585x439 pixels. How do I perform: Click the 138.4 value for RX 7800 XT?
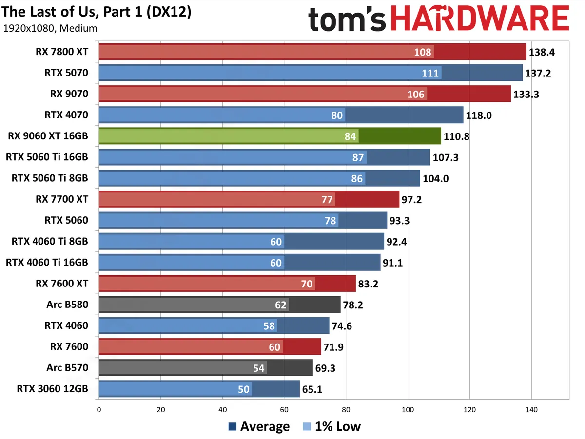point(542,52)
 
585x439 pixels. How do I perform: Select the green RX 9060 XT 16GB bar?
point(270,136)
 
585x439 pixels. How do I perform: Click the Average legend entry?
point(259,426)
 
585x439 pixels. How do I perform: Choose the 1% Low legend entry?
point(332,426)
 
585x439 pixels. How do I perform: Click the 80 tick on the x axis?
point(346,410)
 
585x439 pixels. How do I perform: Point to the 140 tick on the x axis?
point(531,410)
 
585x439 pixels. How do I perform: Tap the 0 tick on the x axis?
point(99,410)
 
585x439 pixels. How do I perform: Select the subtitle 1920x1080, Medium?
point(50,28)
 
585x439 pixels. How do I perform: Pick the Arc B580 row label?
point(68,305)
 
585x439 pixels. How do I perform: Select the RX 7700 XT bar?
point(249,199)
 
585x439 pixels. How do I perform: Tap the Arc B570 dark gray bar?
point(205,368)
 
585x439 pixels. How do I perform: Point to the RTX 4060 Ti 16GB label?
point(47,263)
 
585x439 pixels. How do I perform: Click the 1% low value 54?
point(258,368)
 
